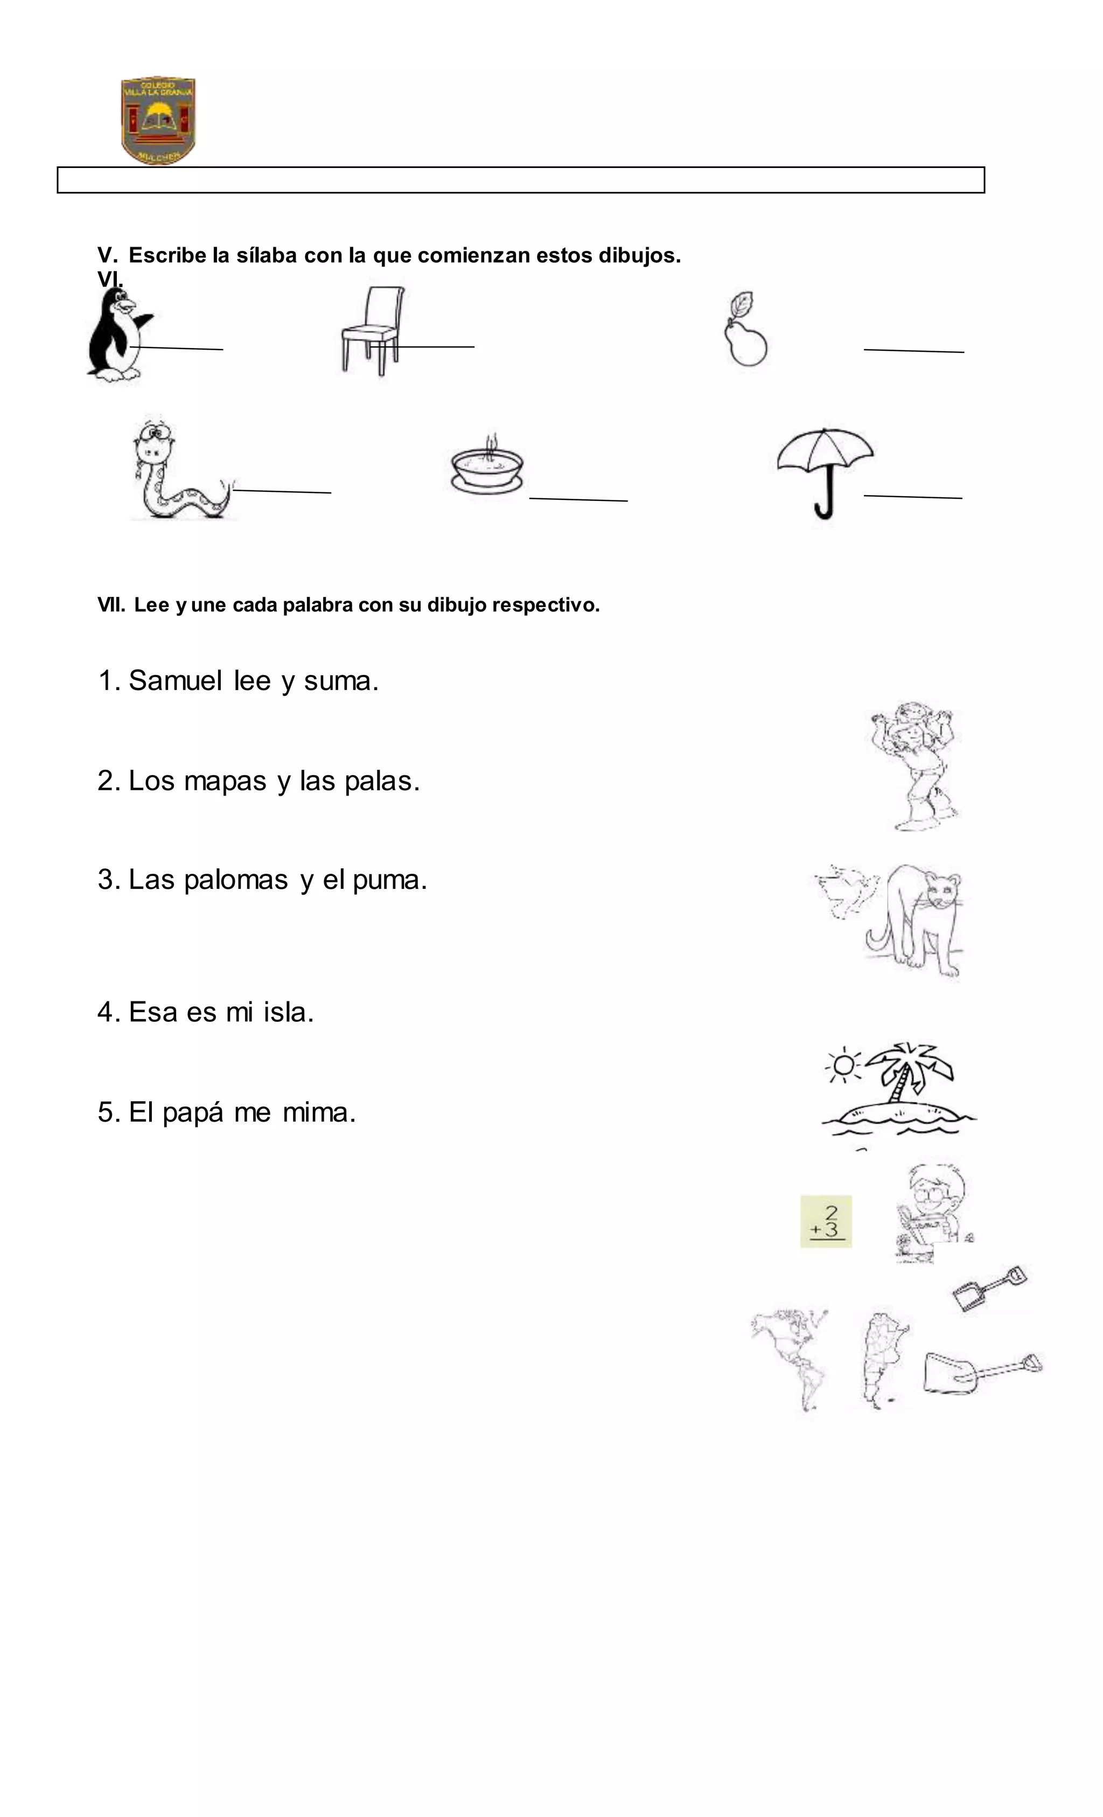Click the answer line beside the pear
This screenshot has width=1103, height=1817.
913,350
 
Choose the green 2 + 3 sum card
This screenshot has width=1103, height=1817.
826,1221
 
